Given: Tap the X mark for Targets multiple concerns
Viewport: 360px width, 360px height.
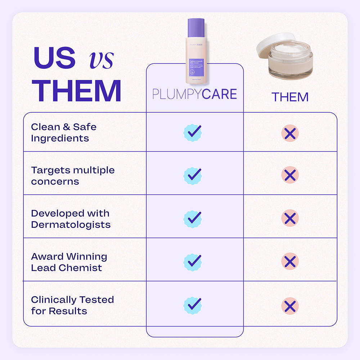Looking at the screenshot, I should (x=290, y=175).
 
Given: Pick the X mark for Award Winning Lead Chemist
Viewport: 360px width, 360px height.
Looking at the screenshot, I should (x=290, y=261).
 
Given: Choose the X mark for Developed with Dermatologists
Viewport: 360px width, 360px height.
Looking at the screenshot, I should (x=290, y=218).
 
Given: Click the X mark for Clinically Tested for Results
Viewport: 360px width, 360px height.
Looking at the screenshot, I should (x=290, y=306).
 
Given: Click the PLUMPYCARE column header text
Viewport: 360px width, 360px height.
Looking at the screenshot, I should (x=194, y=94).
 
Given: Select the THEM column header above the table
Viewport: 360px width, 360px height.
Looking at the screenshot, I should (x=290, y=97).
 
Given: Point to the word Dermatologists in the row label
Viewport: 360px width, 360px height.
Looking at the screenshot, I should (x=71, y=225).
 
